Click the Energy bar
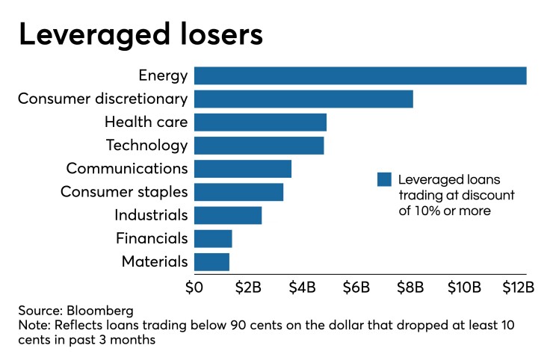360,75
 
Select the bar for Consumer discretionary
303,99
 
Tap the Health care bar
260,122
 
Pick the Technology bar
259,146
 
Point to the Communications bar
242,169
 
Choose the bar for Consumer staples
238,192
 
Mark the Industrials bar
228,215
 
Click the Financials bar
213,238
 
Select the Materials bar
211,261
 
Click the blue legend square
384,180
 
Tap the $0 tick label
194,288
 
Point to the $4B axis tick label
302,288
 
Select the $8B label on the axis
410,288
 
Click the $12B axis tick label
516,288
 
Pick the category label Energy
162,75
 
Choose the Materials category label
154,261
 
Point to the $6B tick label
356,288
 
